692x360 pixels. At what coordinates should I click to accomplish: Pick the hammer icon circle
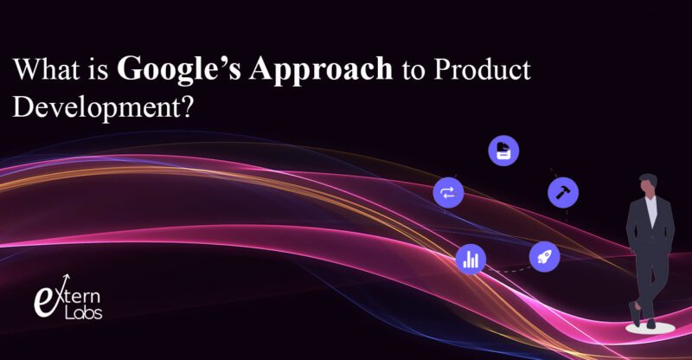coord(563,192)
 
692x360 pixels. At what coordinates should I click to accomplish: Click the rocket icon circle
coord(544,255)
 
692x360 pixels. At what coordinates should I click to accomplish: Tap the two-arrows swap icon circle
coord(448,192)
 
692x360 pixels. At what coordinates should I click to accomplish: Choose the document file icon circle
coord(503,151)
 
